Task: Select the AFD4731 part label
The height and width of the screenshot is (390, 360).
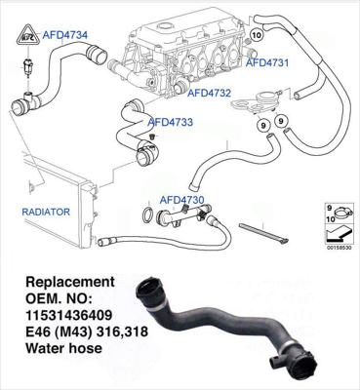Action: pyautogui.click(x=267, y=62)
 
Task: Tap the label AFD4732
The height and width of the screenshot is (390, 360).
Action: pyautogui.click(x=209, y=94)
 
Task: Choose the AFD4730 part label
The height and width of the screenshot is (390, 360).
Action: pyautogui.click(x=182, y=199)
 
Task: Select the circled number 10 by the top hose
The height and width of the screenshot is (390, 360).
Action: pyautogui.click(x=258, y=35)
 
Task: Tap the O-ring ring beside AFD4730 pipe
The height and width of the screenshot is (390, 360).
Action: pyautogui.click(x=146, y=214)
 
